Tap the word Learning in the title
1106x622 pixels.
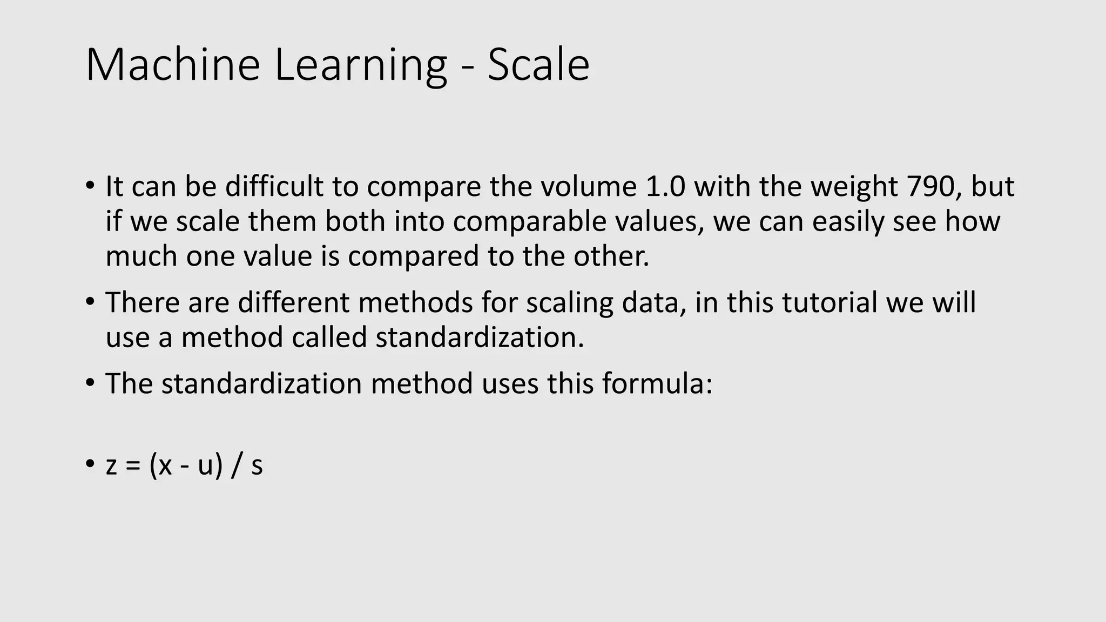361,66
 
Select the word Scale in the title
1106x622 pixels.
538,65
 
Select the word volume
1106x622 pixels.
589,186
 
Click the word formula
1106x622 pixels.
657,383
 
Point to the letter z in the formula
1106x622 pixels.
111,465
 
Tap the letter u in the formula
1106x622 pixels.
206,465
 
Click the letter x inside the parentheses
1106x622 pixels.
165,465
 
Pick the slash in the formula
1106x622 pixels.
235,465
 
